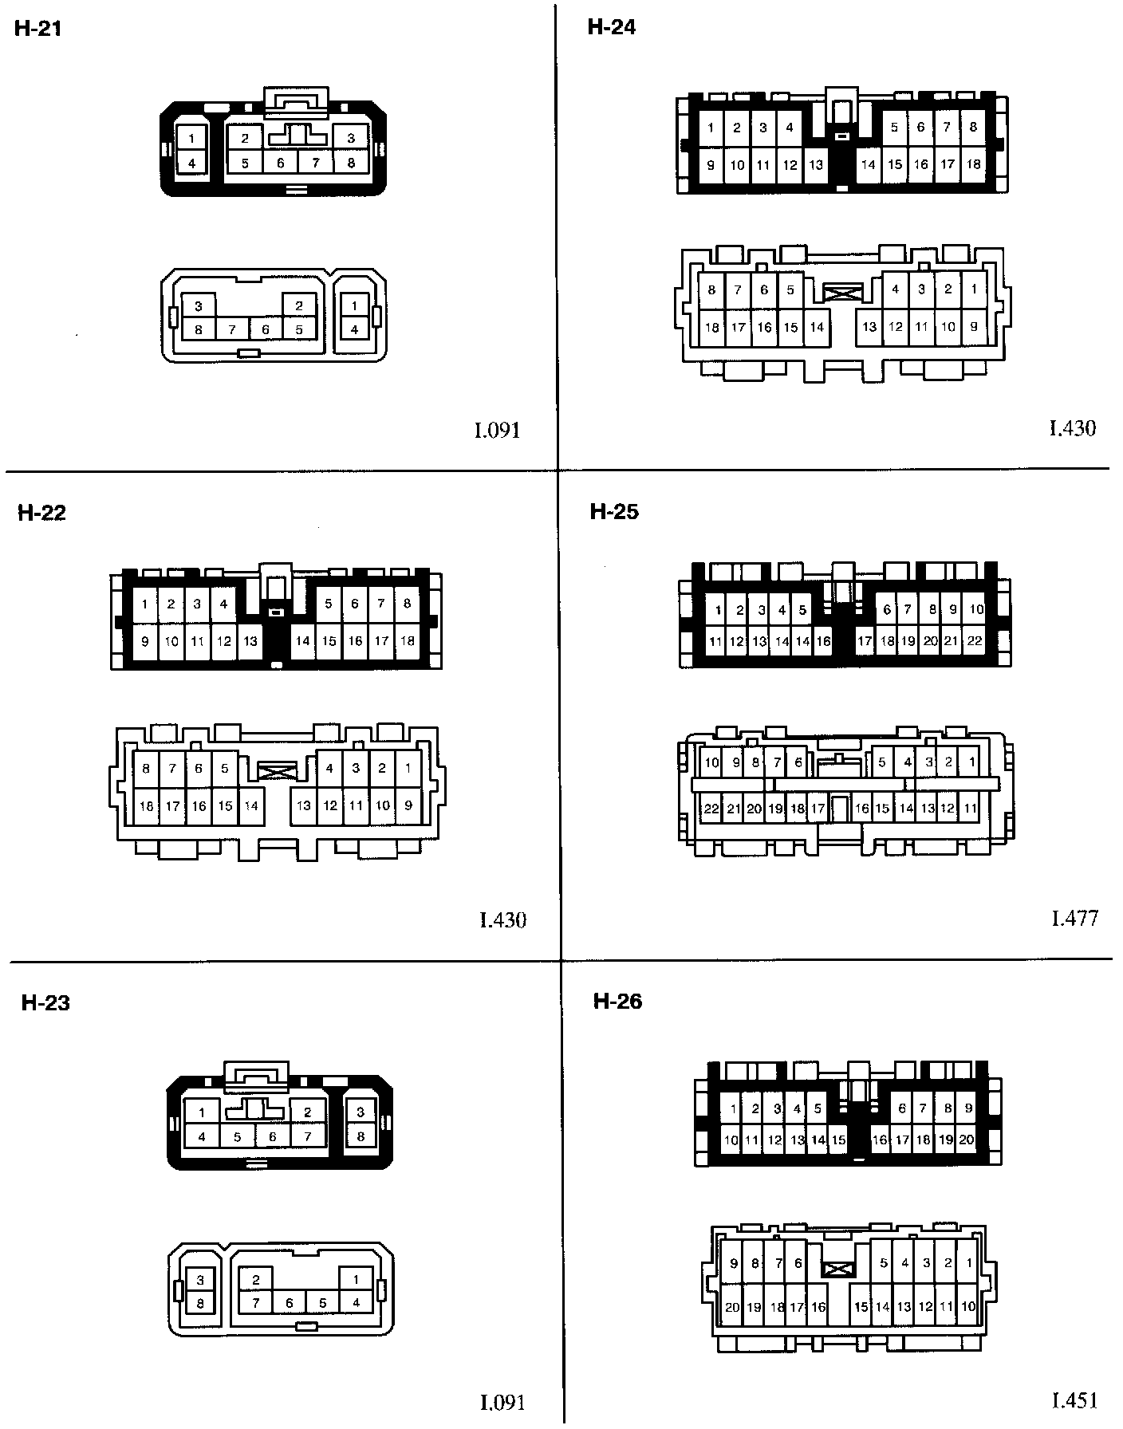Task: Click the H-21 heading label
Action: tap(38, 30)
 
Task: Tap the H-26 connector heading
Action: tap(617, 1001)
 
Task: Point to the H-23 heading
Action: tap(45, 1003)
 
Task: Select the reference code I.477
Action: tap(1074, 919)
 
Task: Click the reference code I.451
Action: tap(1074, 1399)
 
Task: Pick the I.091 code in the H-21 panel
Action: tap(498, 431)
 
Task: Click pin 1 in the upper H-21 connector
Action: tap(191, 139)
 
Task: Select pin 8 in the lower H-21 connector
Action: tap(199, 329)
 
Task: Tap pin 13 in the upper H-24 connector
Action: tap(816, 165)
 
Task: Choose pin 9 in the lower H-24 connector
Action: tap(973, 326)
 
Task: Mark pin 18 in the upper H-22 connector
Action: tap(408, 640)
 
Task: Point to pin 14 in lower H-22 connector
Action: tap(251, 805)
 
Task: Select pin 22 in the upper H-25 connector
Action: tap(974, 640)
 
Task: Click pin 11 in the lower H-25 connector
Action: tap(970, 809)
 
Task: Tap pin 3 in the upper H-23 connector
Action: tap(361, 1111)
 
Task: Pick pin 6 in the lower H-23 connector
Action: tap(290, 1303)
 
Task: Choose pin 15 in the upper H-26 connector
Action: tap(838, 1140)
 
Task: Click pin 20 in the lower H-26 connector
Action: tap(732, 1307)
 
